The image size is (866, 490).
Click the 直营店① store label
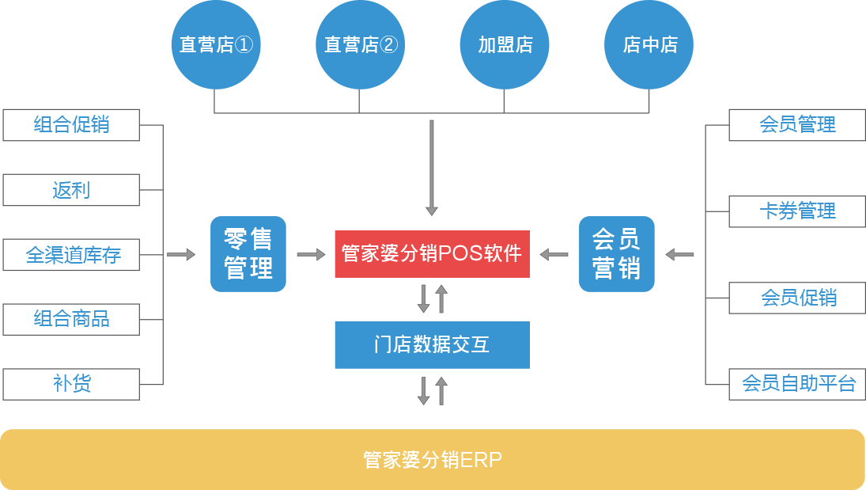[216, 44]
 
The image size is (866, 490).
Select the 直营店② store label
[361, 44]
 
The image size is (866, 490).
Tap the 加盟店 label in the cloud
[505, 44]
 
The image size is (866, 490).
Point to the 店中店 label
[650, 44]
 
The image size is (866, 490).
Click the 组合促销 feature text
[72, 124]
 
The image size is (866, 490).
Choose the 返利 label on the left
[71, 190]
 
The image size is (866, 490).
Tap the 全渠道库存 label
[73, 255]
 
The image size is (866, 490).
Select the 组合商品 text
[72, 318]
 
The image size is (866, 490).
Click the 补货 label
[72, 383]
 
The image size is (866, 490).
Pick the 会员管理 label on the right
[797, 124]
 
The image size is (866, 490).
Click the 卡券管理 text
[797, 211]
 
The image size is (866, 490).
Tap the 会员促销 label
[798, 298]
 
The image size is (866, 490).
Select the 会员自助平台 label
[799, 383]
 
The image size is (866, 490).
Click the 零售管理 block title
[248, 253]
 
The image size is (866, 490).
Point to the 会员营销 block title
[616, 253]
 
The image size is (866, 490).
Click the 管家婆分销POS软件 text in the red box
[432, 253]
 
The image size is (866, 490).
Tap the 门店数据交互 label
[432, 344]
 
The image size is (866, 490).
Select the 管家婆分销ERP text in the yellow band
[433, 460]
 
